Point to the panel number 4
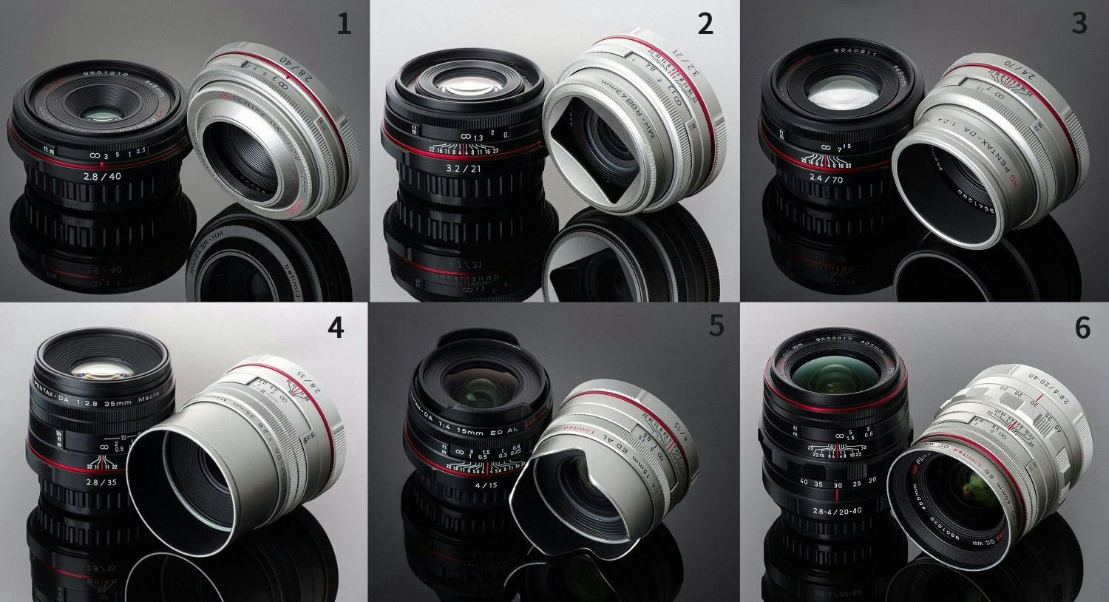(x=336, y=326)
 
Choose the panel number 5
(x=716, y=325)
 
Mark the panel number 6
(x=1082, y=327)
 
